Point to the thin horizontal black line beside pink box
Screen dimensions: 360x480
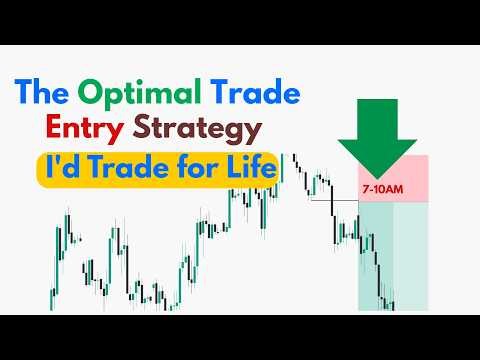[334, 201]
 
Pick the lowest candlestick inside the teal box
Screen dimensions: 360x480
[392, 301]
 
